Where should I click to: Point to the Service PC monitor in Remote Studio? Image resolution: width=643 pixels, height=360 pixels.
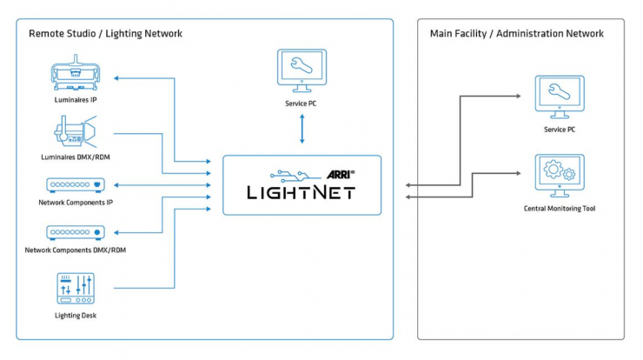click(x=302, y=72)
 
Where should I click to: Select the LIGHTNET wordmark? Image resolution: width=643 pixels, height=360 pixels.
click(x=302, y=192)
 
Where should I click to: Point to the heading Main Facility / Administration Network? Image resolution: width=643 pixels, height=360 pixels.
click(x=517, y=34)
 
